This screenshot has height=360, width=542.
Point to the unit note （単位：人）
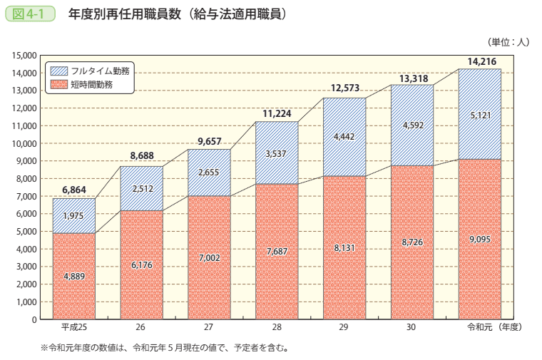click(x=507, y=42)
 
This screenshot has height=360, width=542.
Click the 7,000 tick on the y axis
click(x=26, y=196)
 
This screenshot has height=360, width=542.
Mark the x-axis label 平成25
click(x=73, y=327)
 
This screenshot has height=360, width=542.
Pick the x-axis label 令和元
click(x=479, y=327)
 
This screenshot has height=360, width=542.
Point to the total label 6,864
click(x=73, y=190)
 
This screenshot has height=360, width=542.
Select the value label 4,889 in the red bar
click(x=74, y=277)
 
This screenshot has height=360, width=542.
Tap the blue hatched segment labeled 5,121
click(x=479, y=114)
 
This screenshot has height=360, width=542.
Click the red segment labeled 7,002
click(x=209, y=257)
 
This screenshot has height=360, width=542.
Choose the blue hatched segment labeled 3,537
click(x=277, y=153)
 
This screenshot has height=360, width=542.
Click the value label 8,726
click(x=412, y=242)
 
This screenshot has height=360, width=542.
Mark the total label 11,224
click(x=277, y=114)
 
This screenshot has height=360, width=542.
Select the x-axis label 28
click(x=277, y=327)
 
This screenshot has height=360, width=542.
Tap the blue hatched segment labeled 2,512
click(x=141, y=188)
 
